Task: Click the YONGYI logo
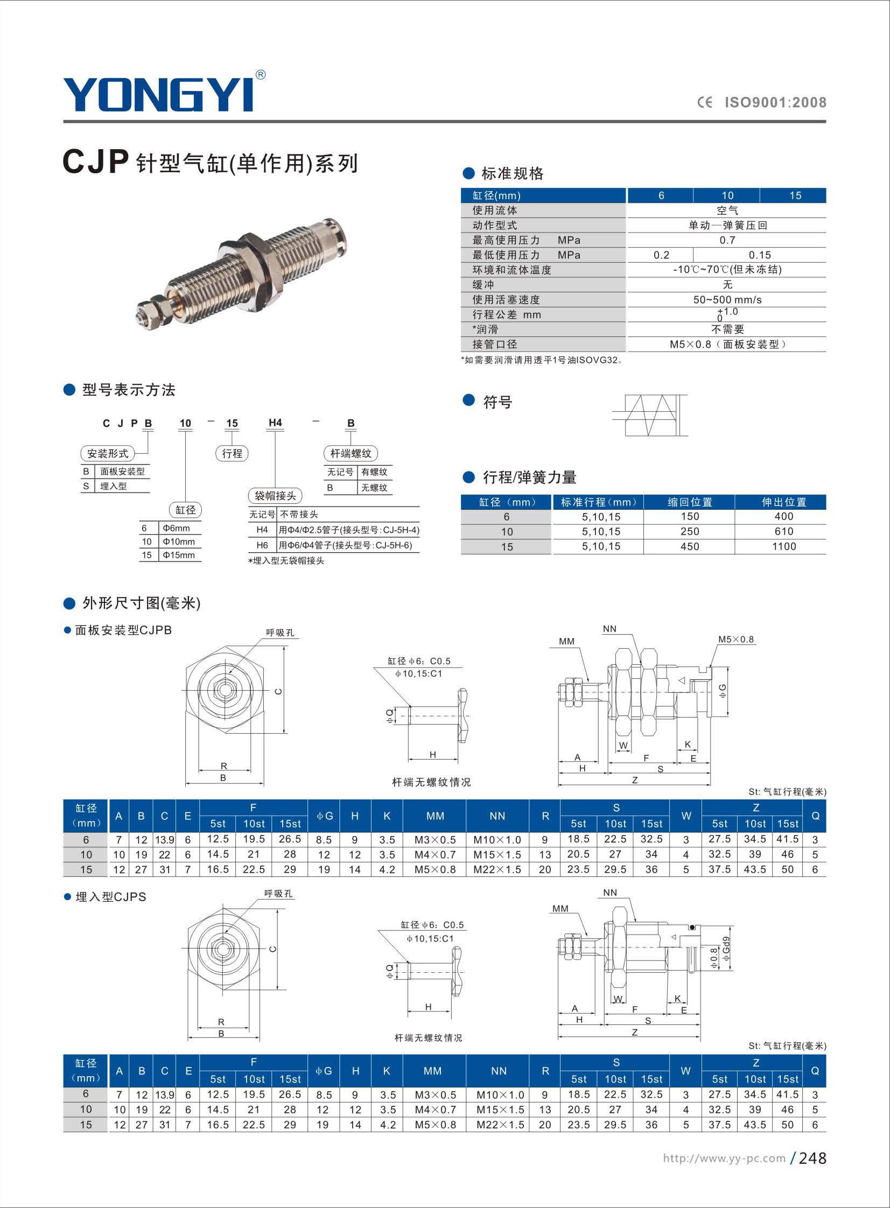[x=159, y=94]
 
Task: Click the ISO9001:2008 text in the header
[x=775, y=102]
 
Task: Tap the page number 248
[x=812, y=1158]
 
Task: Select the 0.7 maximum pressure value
[x=727, y=240]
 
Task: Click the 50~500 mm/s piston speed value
[x=727, y=300]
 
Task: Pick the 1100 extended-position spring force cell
[x=783, y=546]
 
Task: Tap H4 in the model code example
[x=275, y=423]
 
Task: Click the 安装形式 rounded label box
[x=108, y=453]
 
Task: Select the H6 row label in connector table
[x=262, y=545]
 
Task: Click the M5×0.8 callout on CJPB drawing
[x=735, y=640]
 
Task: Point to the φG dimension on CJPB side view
[x=723, y=691]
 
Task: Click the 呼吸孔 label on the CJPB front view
[x=280, y=633]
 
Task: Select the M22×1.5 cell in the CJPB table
[x=497, y=870]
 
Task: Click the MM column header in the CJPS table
[x=432, y=1071]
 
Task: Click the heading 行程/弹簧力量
[x=529, y=477]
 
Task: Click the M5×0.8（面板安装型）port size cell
[x=727, y=344]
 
